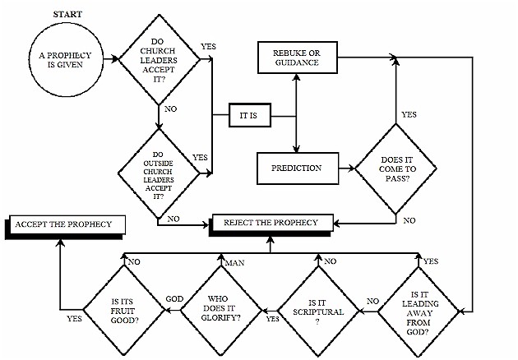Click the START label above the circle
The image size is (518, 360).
pyautogui.click(x=67, y=14)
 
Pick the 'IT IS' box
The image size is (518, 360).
pyautogui.click(x=250, y=115)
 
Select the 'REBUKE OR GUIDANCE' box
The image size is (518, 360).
pyautogui.click(x=298, y=58)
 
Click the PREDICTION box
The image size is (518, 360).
pyautogui.click(x=298, y=168)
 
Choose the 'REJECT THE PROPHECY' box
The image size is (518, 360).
pyautogui.click(x=271, y=224)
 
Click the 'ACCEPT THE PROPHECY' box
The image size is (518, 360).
pyautogui.click(x=65, y=226)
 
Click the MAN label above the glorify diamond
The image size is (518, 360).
pyautogui.click(x=234, y=263)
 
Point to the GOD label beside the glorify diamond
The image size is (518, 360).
pyautogui.click(x=174, y=299)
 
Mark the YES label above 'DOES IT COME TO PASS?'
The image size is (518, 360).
pyautogui.click(x=409, y=114)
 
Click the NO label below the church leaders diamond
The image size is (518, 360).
pyautogui.click(x=170, y=109)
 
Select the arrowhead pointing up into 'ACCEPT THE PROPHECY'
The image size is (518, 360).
pyautogui.click(x=60, y=242)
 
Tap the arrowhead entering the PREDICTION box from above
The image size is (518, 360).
pyautogui.click(x=296, y=148)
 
